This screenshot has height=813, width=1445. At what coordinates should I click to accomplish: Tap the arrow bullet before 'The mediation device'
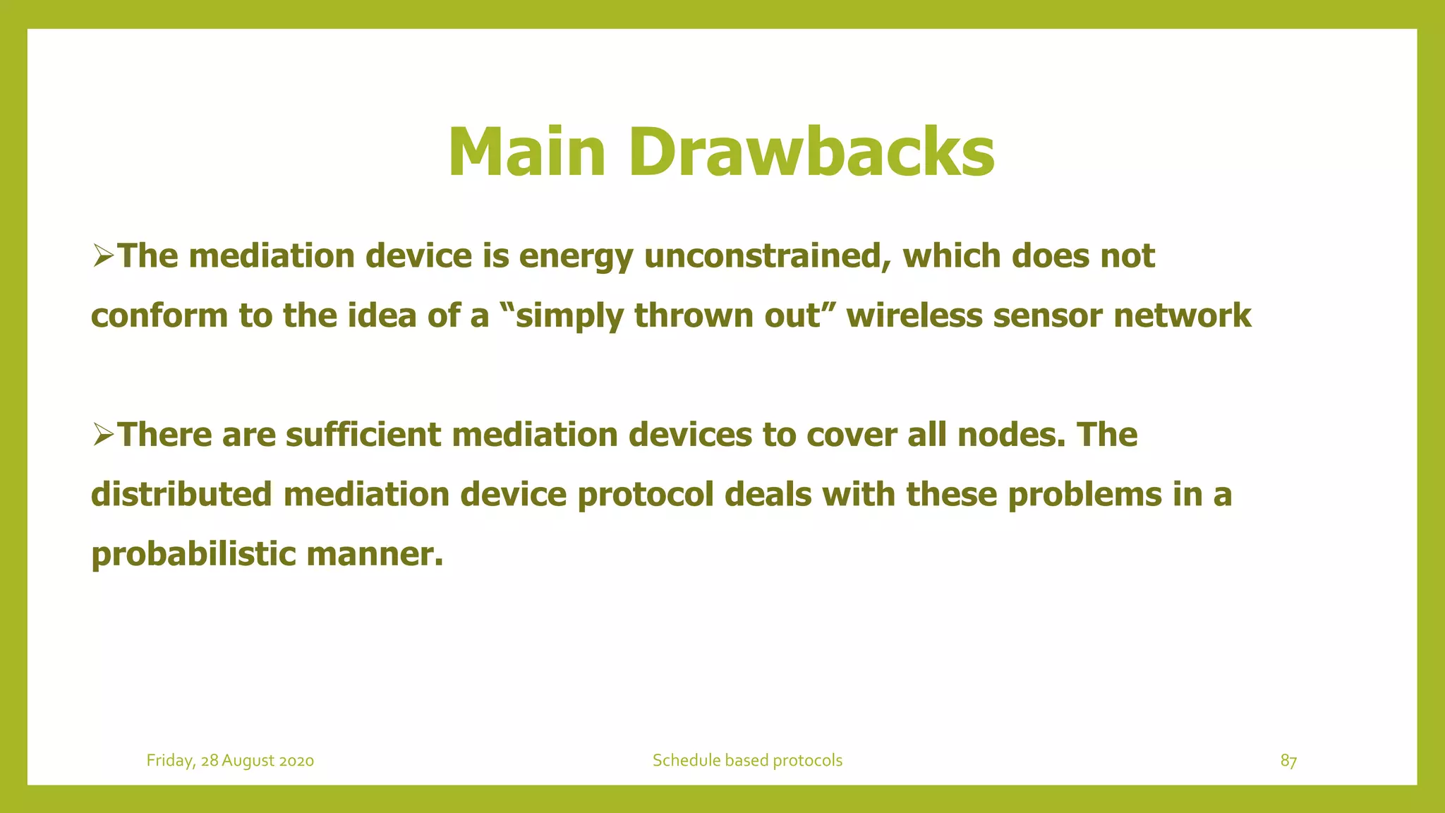pyautogui.click(x=103, y=255)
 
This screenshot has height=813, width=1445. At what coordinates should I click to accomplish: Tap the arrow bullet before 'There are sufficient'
pyautogui.click(x=103, y=434)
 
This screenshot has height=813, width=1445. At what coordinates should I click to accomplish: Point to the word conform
pyautogui.click(x=159, y=315)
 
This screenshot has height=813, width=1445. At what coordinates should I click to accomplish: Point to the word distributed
pyautogui.click(x=181, y=494)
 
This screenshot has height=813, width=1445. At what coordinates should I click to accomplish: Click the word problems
pyautogui.click(x=1084, y=495)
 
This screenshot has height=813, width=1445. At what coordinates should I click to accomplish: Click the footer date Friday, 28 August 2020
pyautogui.click(x=230, y=761)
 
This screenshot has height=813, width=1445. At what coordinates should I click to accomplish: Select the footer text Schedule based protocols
pyautogui.click(x=747, y=761)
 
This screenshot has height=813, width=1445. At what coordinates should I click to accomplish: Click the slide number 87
pyautogui.click(x=1288, y=761)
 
